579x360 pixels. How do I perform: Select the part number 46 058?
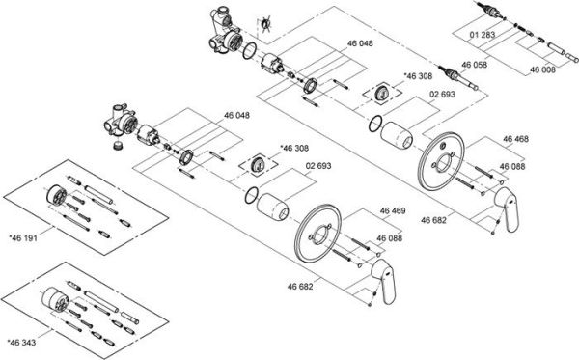(x=476, y=64)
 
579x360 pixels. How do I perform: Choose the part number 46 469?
(x=392, y=210)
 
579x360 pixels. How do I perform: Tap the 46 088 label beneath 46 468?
(x=512, y=167)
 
